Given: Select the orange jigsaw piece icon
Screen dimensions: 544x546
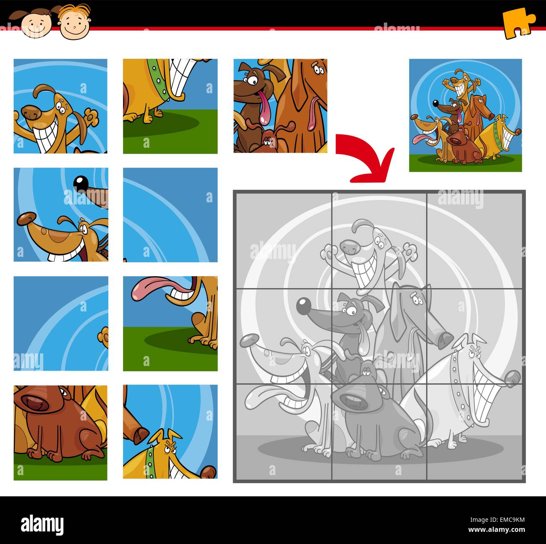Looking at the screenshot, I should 518,24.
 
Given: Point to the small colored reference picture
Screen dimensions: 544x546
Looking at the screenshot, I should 465,115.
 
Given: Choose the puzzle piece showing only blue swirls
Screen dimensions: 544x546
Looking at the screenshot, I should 170,214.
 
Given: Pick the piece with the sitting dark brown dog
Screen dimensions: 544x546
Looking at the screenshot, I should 60,432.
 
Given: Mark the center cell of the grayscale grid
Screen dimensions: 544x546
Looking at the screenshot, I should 379,335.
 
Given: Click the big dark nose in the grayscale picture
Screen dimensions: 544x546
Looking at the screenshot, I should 303,306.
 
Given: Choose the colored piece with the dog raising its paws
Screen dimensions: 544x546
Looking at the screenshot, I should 60,106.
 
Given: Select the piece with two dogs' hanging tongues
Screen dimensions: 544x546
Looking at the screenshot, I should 280,106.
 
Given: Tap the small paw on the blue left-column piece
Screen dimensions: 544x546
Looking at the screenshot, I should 103,335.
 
